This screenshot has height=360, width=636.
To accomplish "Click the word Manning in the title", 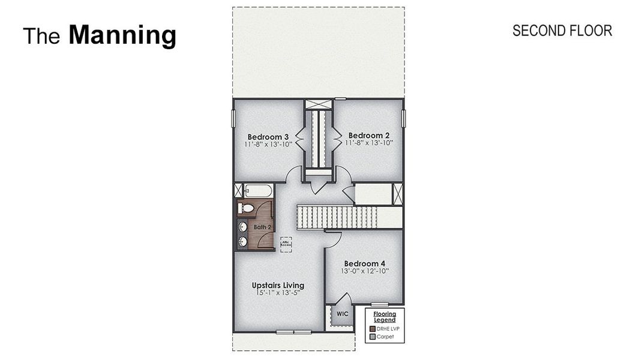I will [x=122, y=35].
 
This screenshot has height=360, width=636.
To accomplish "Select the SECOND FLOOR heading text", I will [x=562, y=31].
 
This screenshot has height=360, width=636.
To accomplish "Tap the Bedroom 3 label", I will [x=268, y=136].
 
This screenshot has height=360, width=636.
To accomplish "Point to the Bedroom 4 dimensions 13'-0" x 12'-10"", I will [x=365, y=271].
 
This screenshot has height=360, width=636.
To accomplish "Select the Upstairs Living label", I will [x=278, y=285].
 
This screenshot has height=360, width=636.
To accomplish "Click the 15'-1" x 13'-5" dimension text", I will [x=278, y=293].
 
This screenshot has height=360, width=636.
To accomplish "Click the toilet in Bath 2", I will [x=245, y=208].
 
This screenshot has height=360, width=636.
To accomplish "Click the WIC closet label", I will [x=342, y=314].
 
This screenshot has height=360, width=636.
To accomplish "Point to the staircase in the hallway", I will [x=337, y=217].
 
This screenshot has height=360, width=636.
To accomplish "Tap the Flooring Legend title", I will [x=385, y=316].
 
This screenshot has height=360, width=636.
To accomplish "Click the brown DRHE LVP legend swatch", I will [x=372, y=329].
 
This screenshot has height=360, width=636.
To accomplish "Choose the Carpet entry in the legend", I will [x=385, y=337].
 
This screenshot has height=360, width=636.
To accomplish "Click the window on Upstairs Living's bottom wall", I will [x=293, y=332].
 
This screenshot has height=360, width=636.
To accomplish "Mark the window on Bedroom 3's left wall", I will [x=233, y=118].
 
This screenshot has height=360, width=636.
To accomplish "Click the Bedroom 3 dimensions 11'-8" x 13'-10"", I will [x=268, y=144].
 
